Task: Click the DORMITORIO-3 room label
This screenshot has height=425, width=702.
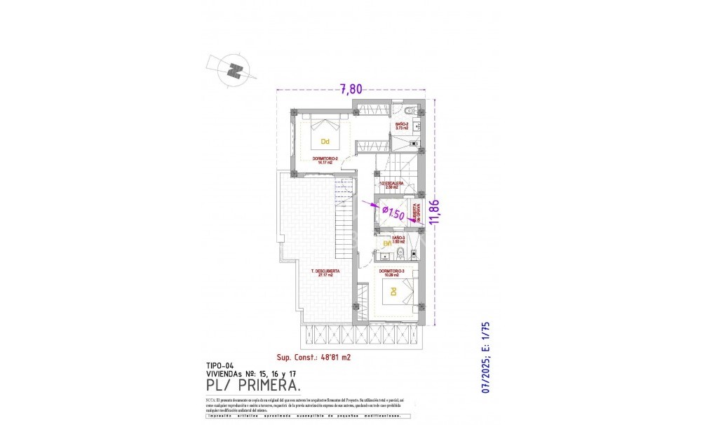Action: click(x=392, y=271)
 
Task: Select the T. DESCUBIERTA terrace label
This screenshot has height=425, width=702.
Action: click(x=326, y=272)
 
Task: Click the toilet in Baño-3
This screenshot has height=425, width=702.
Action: click(x=399, y=253)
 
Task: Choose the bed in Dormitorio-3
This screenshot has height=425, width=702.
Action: click(x=393, y=292)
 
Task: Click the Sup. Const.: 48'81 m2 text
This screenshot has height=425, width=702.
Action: click(x=313, y=356)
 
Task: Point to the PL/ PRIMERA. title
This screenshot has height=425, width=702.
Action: click(x=254, y=385)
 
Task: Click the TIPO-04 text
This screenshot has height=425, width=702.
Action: click(x=220, y=365)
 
